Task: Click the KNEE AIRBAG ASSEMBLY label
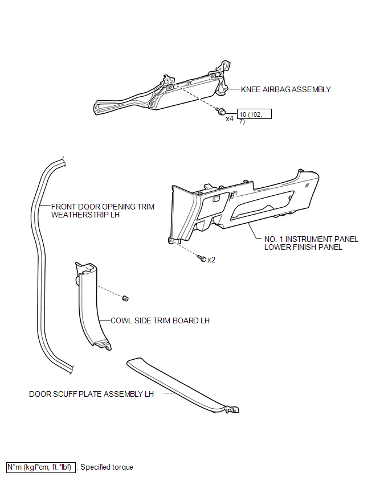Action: [x=286, y=90]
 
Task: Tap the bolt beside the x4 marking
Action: [x=222, y=112]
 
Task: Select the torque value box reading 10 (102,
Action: [x=254, y=114]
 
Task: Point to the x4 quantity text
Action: [x=230, y=119]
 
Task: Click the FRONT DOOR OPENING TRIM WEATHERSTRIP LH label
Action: [x=103, y=211]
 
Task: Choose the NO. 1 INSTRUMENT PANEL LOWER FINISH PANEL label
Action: [x=311, y=243]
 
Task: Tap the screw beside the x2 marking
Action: [x=202, y=258]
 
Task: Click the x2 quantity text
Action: [x=211, y=260]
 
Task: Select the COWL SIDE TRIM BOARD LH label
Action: [x=160, y=320]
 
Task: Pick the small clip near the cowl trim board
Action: [x=125, y=298]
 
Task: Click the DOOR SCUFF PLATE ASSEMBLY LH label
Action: [x=91, y=394]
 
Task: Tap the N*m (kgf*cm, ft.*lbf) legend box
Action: [x=41, y=467]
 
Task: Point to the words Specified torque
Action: [x=107, y=467]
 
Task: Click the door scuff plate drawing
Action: [x=183, y=385]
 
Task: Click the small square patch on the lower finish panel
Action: [x=307, y=186]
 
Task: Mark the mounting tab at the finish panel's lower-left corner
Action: [x=170, y=240]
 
